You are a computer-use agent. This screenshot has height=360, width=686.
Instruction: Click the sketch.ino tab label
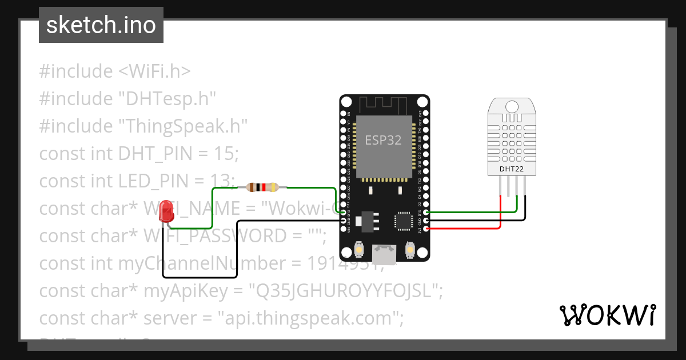click(x=101, y=25)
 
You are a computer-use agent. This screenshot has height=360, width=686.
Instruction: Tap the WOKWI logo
click(x=607, y=315)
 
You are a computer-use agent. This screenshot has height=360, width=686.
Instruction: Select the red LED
click(x=166, y=211)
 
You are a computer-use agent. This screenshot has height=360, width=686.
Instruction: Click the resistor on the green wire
click(x=262, y=187)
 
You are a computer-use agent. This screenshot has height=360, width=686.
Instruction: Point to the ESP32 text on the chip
click(x=383, y=140)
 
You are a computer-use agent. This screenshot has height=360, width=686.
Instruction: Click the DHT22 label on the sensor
click(x=512, y=169)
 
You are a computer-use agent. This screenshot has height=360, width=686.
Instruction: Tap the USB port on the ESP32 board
click(x=384, y=254)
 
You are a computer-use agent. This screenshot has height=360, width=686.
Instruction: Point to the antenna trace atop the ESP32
click(x=383, y=104)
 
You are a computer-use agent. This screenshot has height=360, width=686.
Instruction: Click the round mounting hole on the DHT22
click(x=512, y=106)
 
